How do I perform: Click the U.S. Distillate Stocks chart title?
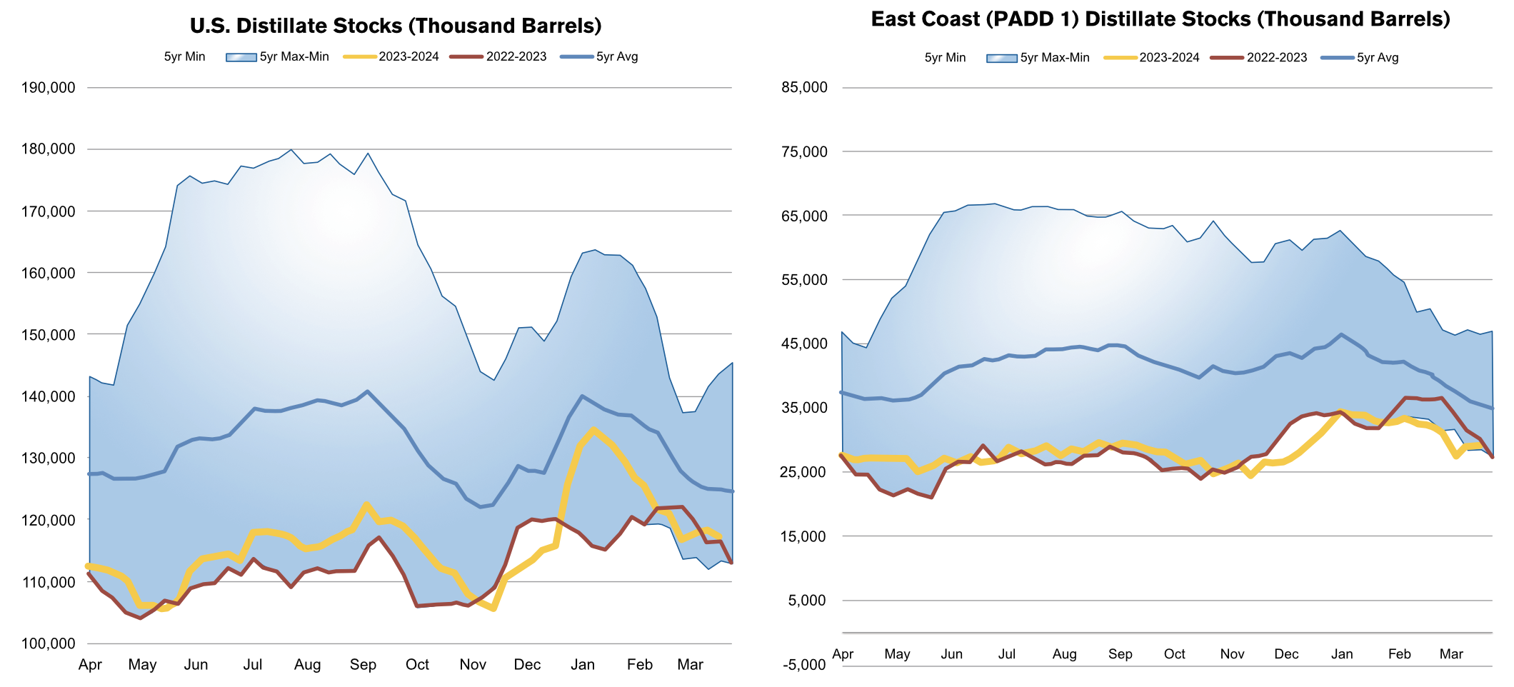click(396, 26)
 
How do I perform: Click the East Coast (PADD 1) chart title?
click(1160, 19)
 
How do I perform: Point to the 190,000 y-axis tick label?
click(49, 88)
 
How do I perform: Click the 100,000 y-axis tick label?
click(49, 643)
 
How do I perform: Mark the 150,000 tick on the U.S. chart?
click(49, 335)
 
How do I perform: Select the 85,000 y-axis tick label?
click(805, 88)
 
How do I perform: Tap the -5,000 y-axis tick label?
click(805, 665)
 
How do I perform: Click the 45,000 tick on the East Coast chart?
click(805, 343)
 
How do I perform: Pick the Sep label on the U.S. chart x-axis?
click(363, 665)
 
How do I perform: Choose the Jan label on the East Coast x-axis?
click(1342, 654)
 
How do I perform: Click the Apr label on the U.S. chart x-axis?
click(90, 665)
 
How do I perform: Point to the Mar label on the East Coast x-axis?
click(1451, 654)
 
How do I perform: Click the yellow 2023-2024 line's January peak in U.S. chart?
click(593, 430)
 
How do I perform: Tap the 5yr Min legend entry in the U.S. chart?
click(184, 57)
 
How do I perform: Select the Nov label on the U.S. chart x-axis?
click(473, 665)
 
